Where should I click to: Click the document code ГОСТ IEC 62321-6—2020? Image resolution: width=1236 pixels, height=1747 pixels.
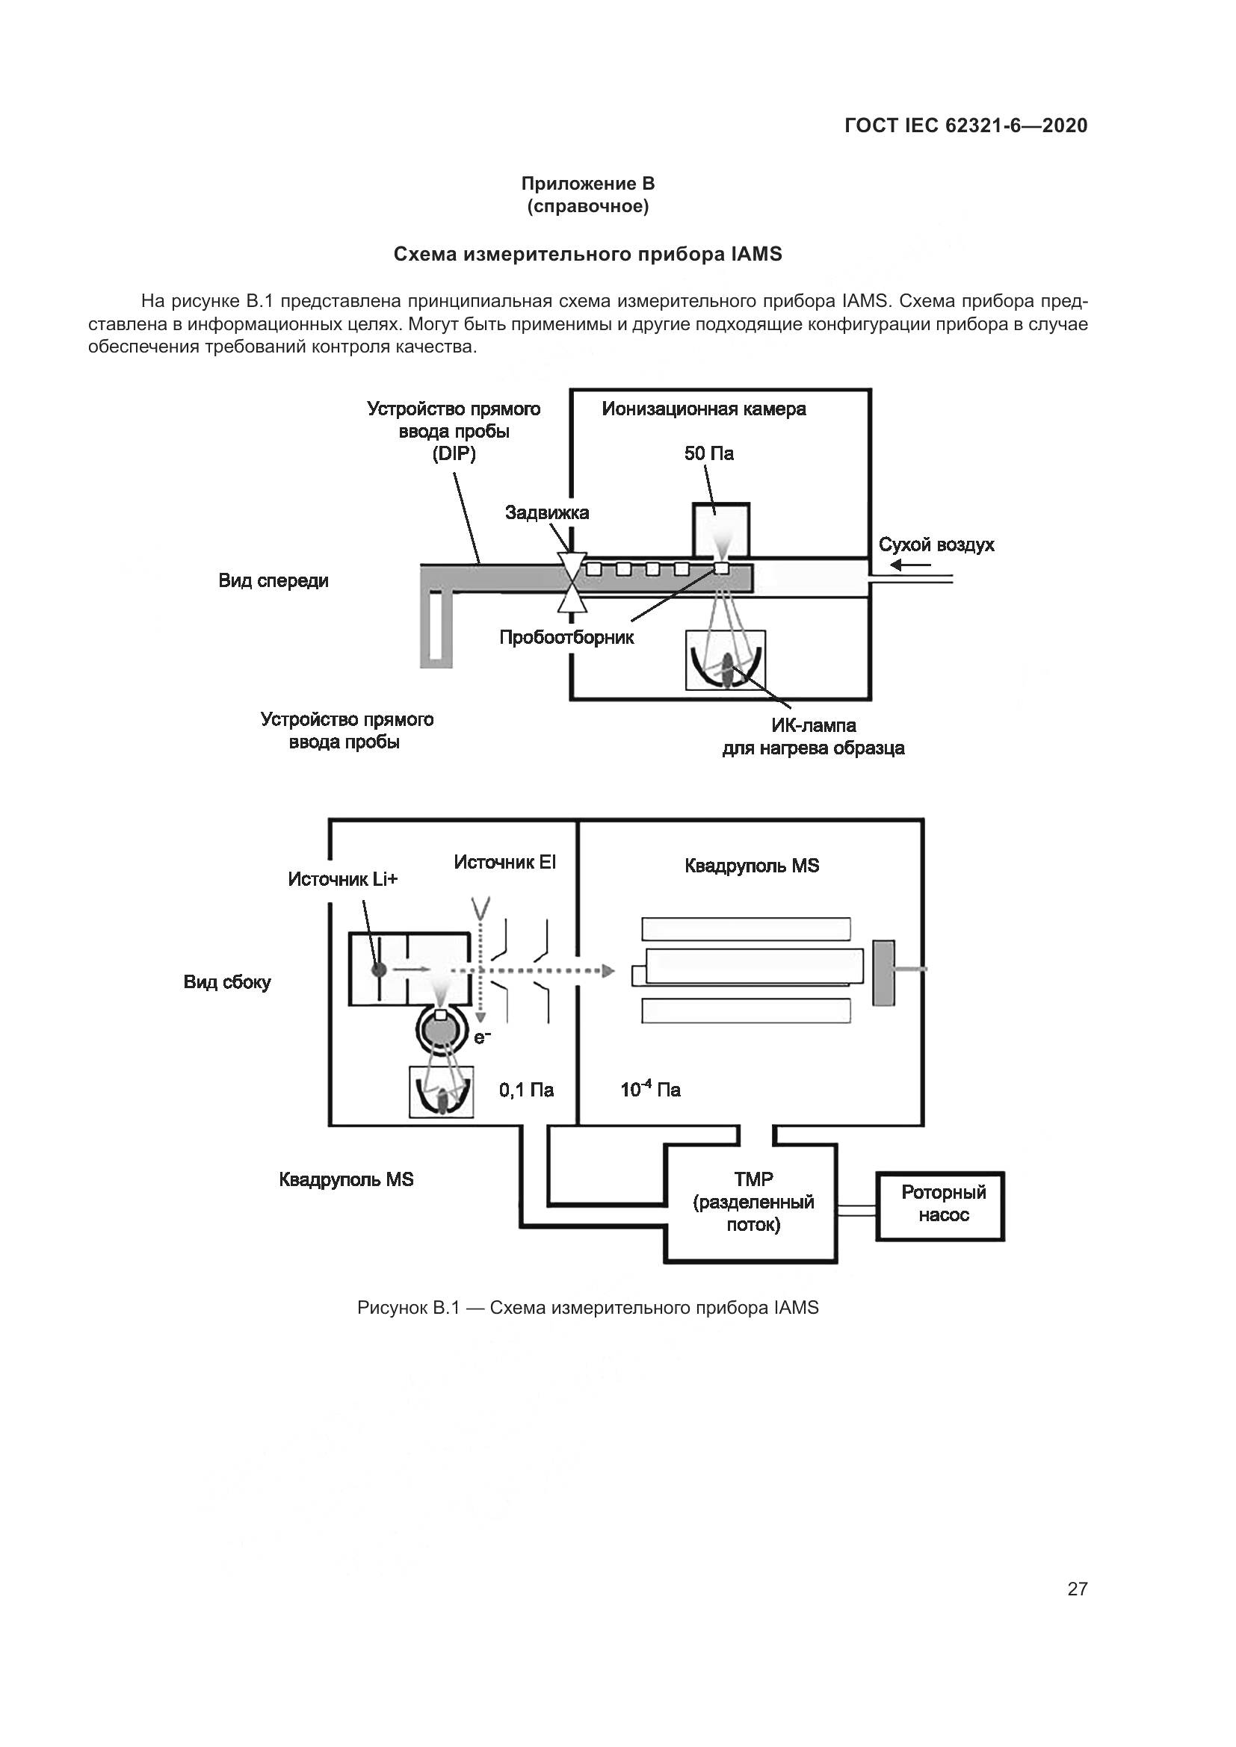tap(965, 125)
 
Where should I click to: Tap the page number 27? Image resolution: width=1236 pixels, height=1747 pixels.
tap(1077, 1589)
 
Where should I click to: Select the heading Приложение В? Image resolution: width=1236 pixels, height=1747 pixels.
tap(587, 184)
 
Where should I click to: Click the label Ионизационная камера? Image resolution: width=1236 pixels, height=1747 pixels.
tap(703, 409)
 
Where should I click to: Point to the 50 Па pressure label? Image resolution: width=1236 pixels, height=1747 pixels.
tap(708, 454)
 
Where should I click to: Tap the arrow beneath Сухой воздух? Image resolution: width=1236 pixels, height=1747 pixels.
tap(910, 565)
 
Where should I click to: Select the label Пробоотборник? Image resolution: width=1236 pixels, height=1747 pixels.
tap(566, 638)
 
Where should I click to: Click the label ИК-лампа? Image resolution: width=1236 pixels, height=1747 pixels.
tap(813, 726)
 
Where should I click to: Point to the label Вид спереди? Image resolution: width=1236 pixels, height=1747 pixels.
tap(274, 581)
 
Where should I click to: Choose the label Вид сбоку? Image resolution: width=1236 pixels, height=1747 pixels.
tap(227, 982)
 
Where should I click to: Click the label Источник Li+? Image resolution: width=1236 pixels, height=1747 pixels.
tap(342, 880)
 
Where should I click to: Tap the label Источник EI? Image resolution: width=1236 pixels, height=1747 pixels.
tap(504, 862)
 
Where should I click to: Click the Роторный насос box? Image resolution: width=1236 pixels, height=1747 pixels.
tap(940, 1206)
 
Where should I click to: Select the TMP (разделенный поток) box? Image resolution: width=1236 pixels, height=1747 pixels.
tap(752, 1203)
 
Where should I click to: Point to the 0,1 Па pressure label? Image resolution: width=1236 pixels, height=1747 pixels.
tap(526, 1090)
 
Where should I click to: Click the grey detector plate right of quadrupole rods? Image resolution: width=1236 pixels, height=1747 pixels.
tap(883, 973)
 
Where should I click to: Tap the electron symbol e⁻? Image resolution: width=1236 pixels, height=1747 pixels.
tap(483, 1035)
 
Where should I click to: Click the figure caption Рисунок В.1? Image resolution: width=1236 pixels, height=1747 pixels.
tap(587, 1308)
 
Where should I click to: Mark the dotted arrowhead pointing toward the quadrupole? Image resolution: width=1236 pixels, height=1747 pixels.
tap(608, 971)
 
